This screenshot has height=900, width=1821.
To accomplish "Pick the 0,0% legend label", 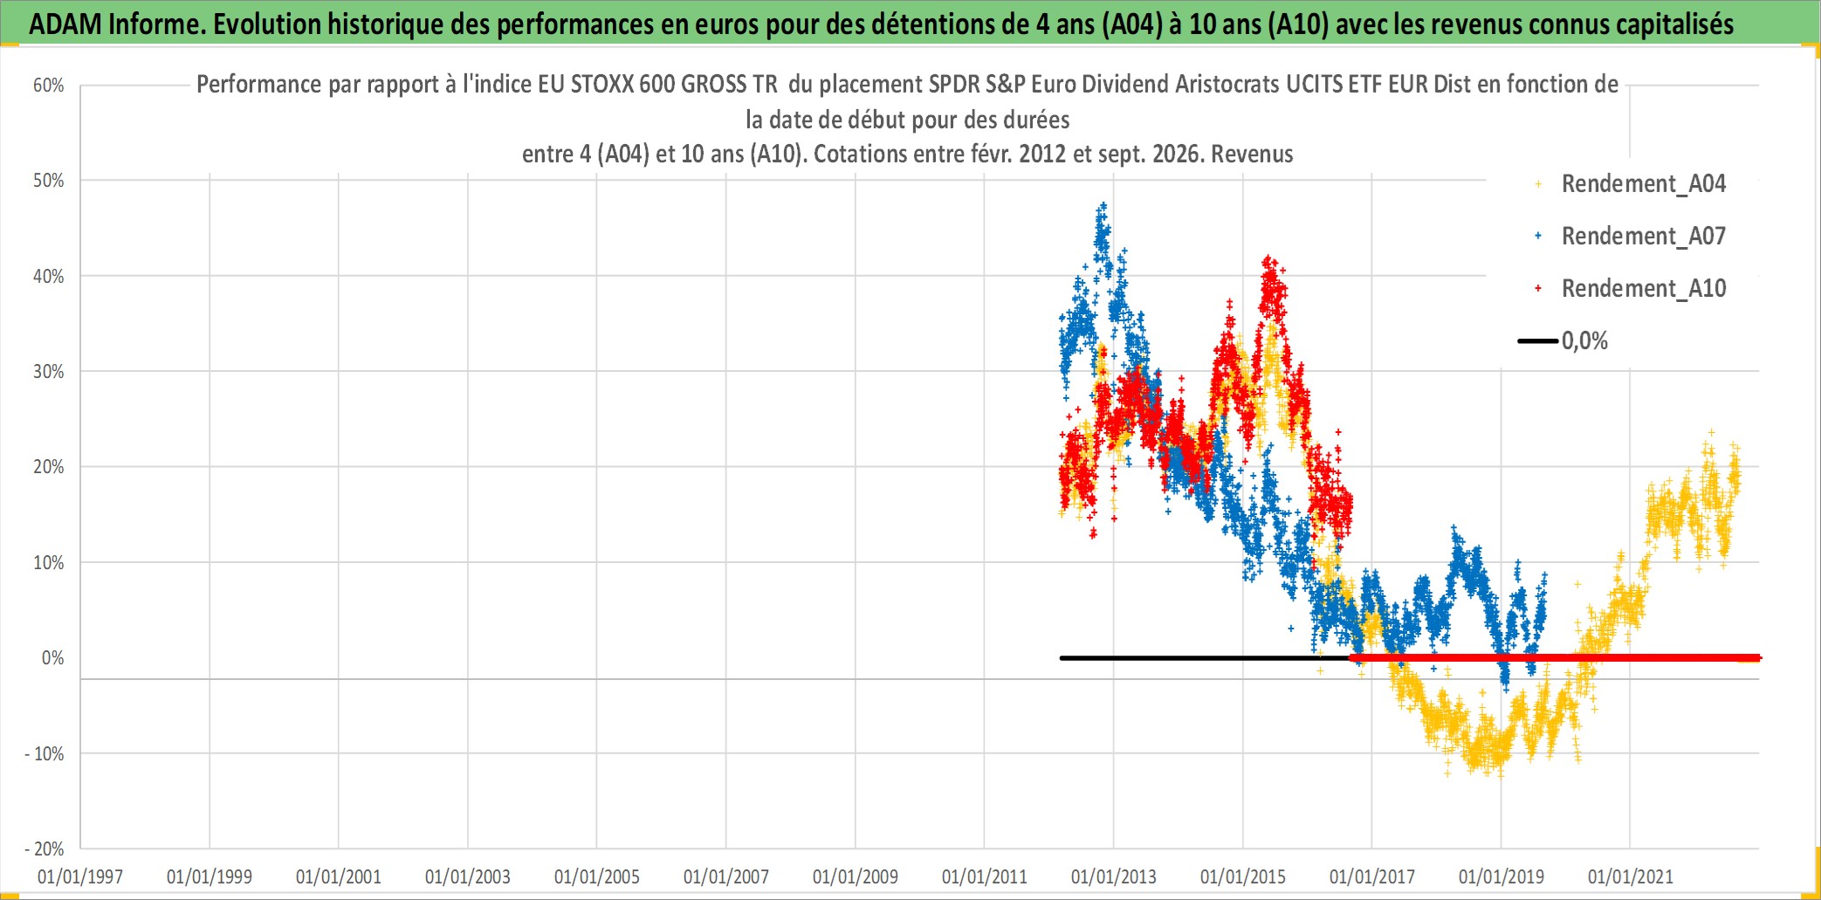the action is point(1584,341).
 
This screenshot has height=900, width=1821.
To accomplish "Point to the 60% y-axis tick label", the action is point(49,86).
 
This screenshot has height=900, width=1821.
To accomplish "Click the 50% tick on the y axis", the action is point(49,181).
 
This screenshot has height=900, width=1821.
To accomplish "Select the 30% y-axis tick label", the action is point(49,372).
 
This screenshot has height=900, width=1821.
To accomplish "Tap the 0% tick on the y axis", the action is point(53,658).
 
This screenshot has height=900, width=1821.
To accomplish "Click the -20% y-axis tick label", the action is point(45,849).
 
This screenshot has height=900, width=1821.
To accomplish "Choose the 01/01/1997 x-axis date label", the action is point(80,876).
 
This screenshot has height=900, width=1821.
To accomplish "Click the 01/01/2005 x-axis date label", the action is point(597,876).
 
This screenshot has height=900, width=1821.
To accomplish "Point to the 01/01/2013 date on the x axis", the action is point(1114,876).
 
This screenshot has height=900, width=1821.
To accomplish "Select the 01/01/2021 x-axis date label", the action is point(1631,876).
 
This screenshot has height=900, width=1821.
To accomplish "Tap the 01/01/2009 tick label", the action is point(856,876).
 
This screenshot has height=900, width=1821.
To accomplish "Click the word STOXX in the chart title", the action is point(601,85).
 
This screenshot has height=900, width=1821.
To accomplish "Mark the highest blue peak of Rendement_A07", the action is point(1103,206).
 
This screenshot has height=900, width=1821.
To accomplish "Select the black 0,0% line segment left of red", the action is point(1205,658).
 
